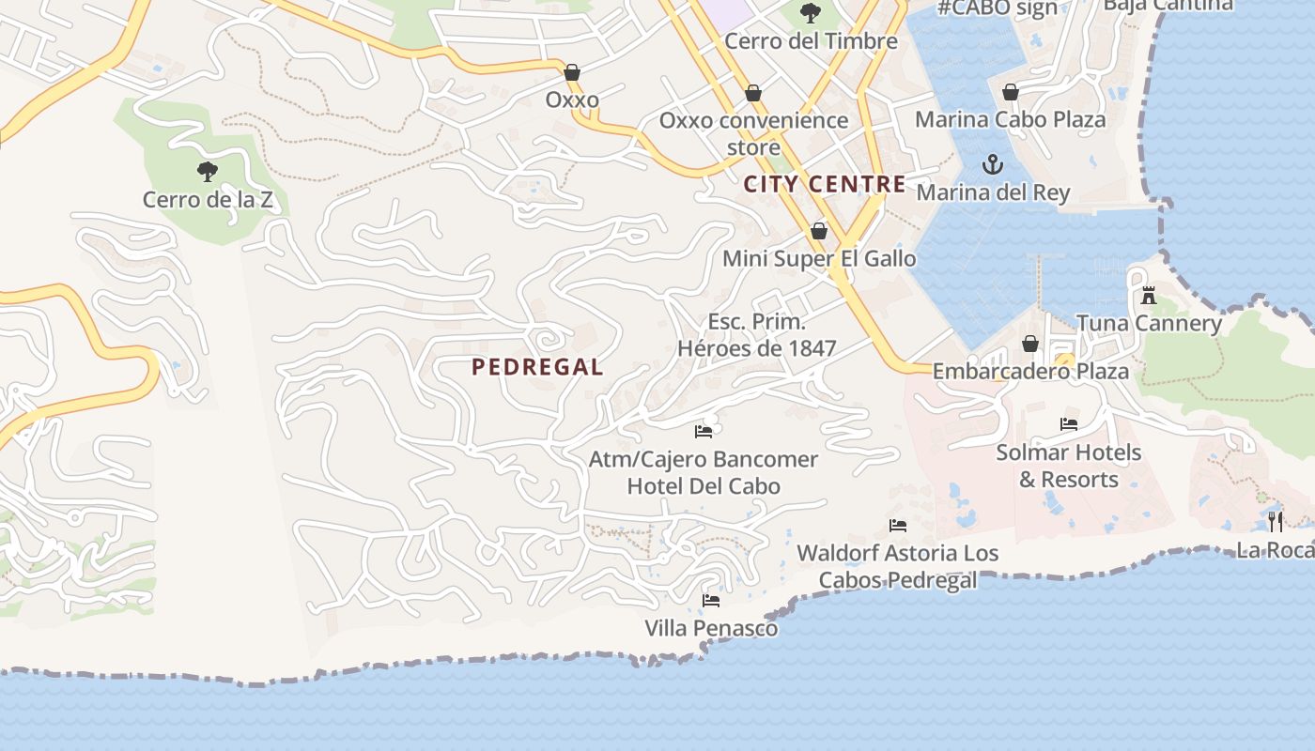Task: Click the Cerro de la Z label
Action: click(x=207, y=199)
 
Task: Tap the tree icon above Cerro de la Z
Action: click(x=208, y=172)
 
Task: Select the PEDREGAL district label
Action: click(x=537, y=367)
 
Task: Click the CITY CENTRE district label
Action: click(x=825, y=184)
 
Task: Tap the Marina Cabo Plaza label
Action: click(x=1010, y=119)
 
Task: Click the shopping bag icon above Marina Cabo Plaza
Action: click(x=1011, y=92)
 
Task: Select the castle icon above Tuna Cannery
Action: click(x=1148, y=297)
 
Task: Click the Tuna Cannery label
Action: click(x=1149, y=324)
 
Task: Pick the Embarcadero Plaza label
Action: click(x=1029, y=371)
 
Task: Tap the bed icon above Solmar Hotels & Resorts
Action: click(x=1069, y=424)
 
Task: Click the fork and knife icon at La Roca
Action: click(x=1275, y=522)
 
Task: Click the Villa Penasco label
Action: click(x=711, y=628)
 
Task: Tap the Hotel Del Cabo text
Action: click(x=704, y=486)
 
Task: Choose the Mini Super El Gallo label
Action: click(x=818, y=258)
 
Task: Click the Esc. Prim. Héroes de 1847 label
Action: click(x=756, y=335)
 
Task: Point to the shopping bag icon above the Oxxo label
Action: click(x=572, y=72)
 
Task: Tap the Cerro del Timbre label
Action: click(x=811, y=40)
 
